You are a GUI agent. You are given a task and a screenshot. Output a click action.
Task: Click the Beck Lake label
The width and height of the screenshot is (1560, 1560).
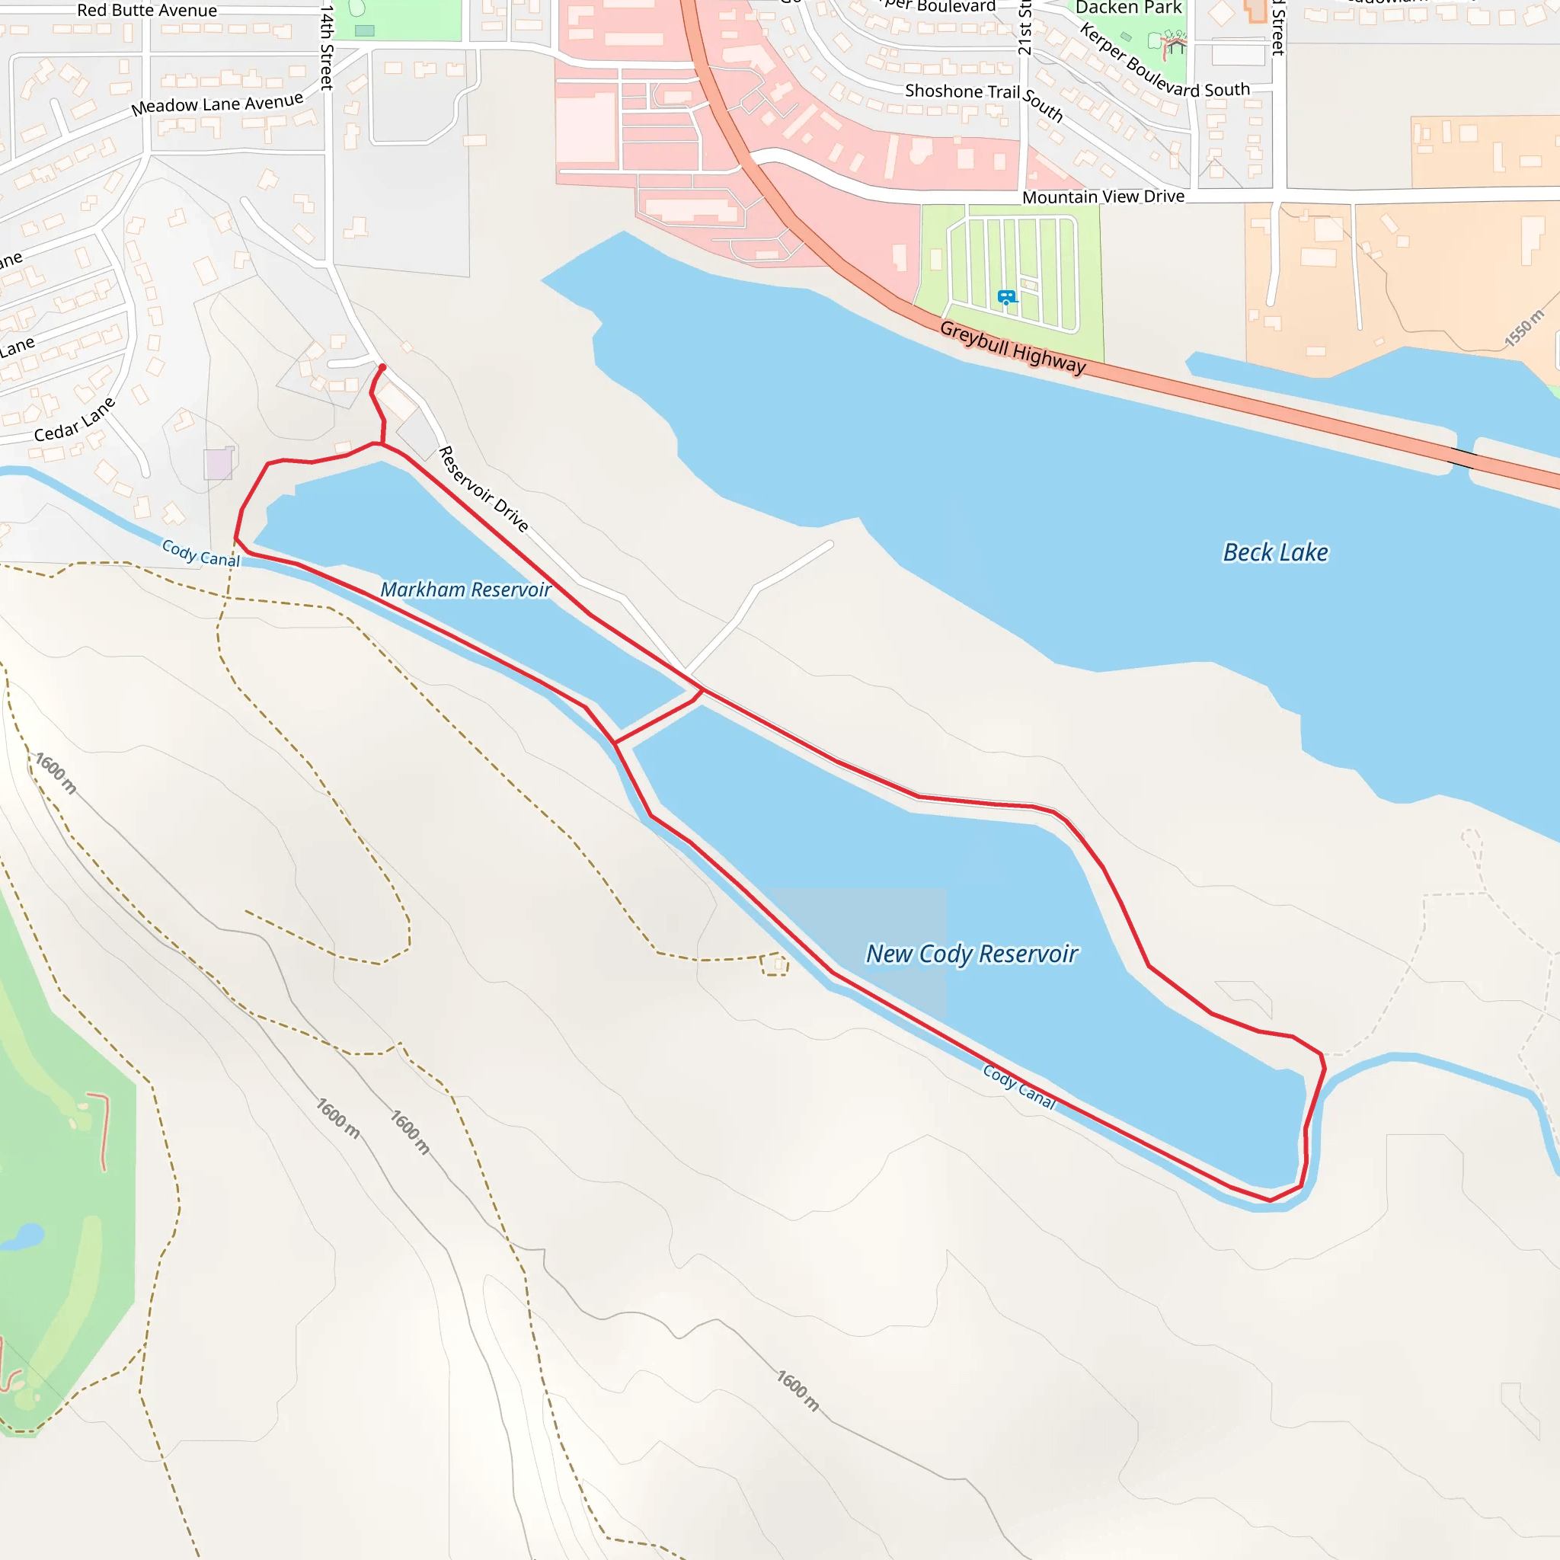click(1275, 552)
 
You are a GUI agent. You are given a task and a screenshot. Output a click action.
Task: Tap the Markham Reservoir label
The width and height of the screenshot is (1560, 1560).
click(465, 590)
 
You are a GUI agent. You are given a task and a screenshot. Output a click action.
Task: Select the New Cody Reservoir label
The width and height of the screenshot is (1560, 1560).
click(971, 954)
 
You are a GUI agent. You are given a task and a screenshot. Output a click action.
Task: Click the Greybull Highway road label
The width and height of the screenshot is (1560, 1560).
click(1012, 348)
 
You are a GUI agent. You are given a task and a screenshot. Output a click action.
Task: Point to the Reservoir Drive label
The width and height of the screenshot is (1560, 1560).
click(483, 489)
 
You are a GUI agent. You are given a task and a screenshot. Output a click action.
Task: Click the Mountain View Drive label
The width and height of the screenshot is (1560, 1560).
click(1103, 197)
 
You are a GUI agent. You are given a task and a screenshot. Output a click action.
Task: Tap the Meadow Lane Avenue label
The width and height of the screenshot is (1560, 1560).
click(217, 104)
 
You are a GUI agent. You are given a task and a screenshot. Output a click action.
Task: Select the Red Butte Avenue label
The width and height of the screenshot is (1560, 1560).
click(147, 11)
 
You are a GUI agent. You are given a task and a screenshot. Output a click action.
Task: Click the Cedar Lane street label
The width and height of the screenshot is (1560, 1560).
click(75, 420)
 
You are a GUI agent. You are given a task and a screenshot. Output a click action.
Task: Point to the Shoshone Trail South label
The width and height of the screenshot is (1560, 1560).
click(983, 98)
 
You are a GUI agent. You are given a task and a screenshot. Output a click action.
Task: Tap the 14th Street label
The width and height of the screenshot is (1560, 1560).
click(326, 46)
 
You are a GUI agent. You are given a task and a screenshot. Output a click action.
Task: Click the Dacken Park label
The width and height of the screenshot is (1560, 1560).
click(1128, 8)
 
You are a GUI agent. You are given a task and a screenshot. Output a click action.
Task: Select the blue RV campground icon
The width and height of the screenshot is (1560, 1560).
click(1006, 297)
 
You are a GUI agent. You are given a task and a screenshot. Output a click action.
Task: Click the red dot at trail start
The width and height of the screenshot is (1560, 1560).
click(382, 367)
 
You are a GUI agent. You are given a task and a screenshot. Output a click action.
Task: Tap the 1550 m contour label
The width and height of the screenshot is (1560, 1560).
click(1523, 328)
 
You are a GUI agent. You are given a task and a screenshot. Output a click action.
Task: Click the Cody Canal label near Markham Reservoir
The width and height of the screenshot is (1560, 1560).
click(201, 553)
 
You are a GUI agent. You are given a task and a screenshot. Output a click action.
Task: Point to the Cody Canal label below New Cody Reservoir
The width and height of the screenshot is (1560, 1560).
click(1019, 1087)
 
